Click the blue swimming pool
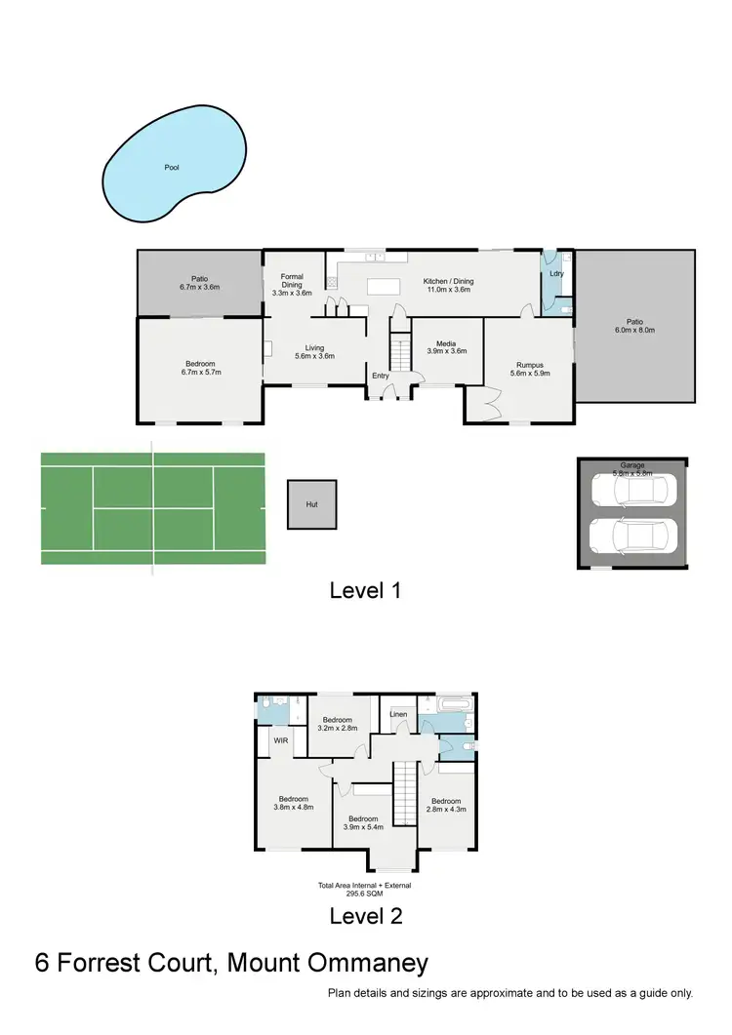coord(172,170)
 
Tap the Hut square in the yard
coord(312,505)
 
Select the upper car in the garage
coord(634,490)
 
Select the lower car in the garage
coord(634,536)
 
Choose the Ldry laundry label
coord(556,274)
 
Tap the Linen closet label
coord(397,714)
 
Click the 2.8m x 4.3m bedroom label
coord(448,805)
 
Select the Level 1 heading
coord(365,590)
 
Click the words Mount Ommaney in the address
coord(327,964)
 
